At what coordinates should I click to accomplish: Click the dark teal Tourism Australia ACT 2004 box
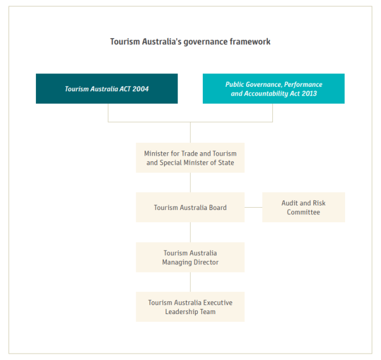pos(106,88)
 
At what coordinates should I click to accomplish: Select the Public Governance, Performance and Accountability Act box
pos(273,88)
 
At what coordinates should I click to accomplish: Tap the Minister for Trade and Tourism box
pos(190,158)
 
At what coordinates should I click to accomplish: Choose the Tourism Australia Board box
pos(190,207)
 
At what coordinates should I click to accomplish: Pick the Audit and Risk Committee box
pos(304,207)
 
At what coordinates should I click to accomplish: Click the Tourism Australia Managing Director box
pos(190,258)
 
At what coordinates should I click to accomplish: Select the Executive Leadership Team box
pos(190,307)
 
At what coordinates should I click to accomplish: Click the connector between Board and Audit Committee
pos(253,207)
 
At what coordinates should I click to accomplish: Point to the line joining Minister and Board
pos(190,183)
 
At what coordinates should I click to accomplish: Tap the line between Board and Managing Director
pos(190,232)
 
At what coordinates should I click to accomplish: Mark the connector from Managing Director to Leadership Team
pos(190,282)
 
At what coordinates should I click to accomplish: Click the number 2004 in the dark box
pos(141,89)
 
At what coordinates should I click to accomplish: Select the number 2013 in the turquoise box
pos(309,93)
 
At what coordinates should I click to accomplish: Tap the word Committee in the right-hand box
pos(304,212)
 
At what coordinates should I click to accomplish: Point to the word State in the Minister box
pos(226,162)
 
